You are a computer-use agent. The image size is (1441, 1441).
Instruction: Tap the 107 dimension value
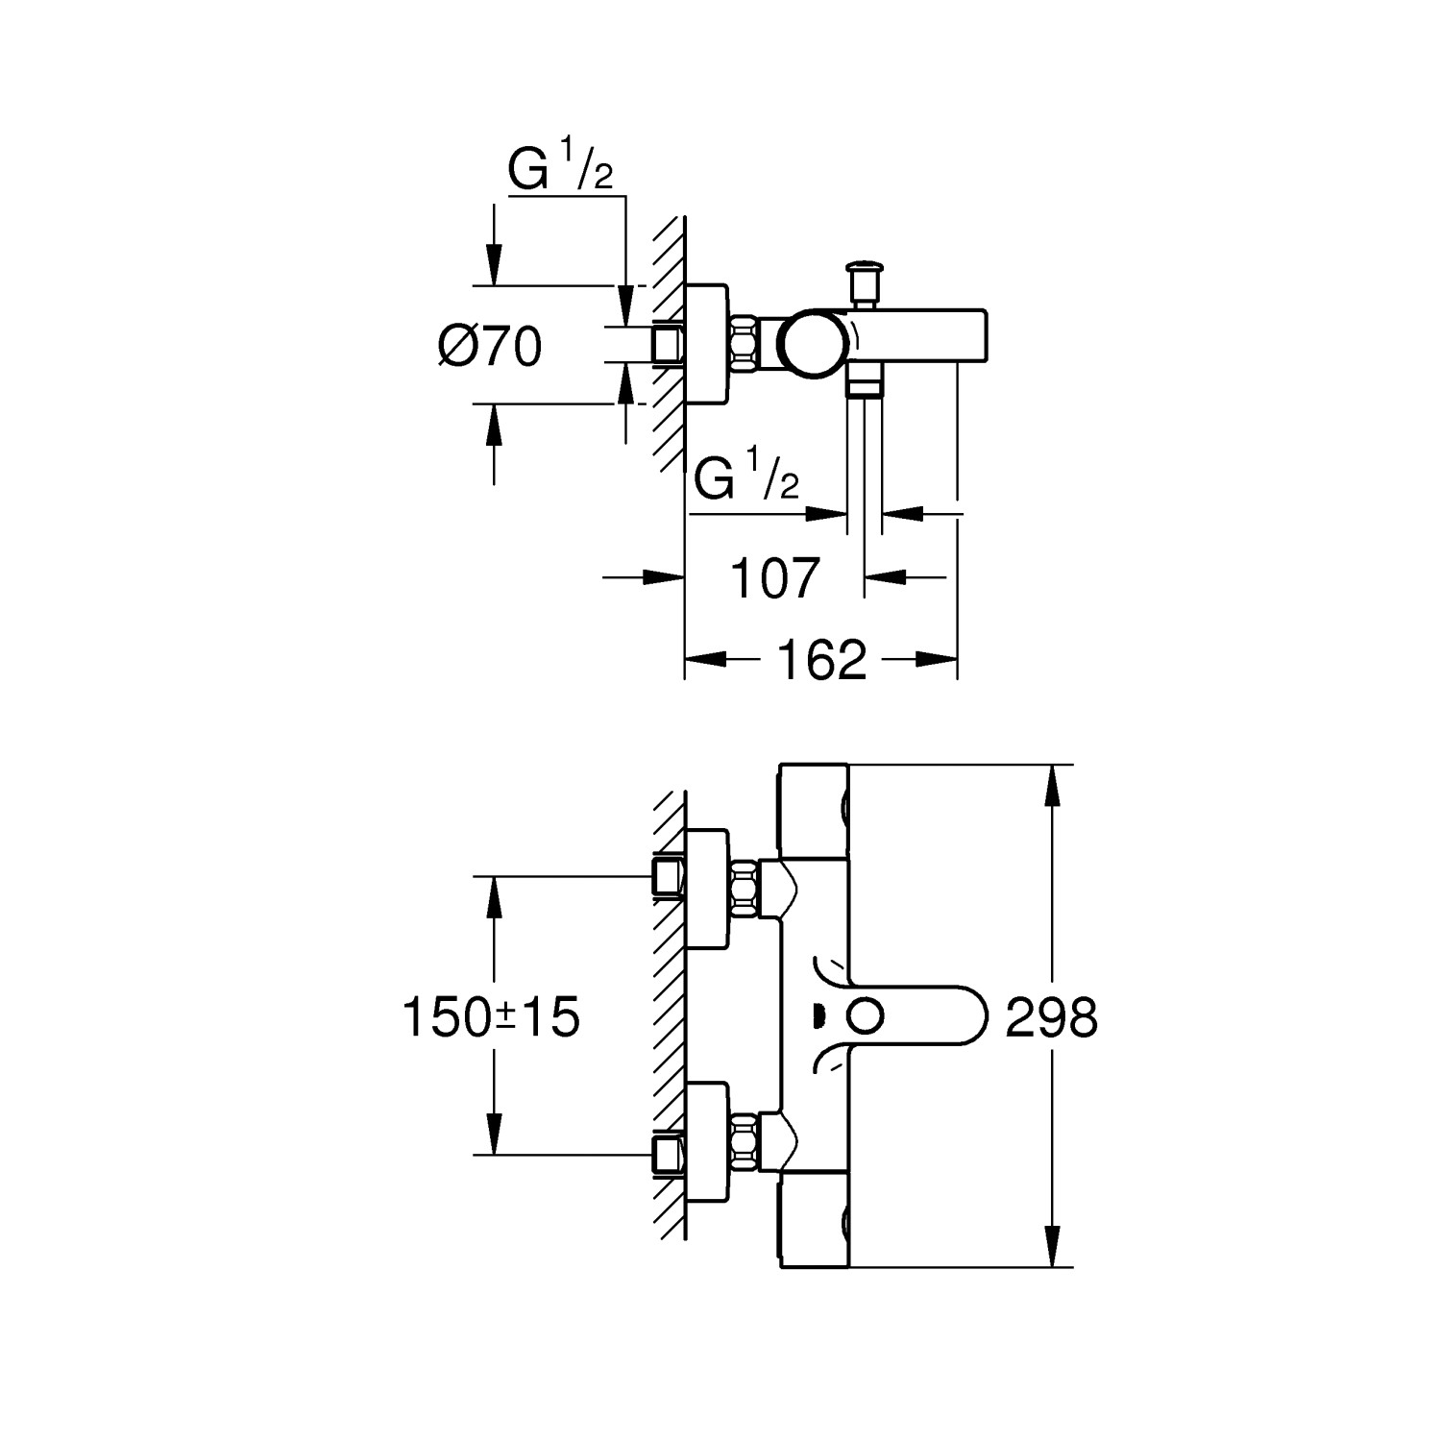775,578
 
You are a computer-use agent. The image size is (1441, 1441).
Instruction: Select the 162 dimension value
821,660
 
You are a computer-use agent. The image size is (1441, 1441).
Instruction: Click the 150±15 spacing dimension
491,1016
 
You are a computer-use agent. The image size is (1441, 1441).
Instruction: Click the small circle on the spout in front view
867,1014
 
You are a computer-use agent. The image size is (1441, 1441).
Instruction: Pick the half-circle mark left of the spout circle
818,1015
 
